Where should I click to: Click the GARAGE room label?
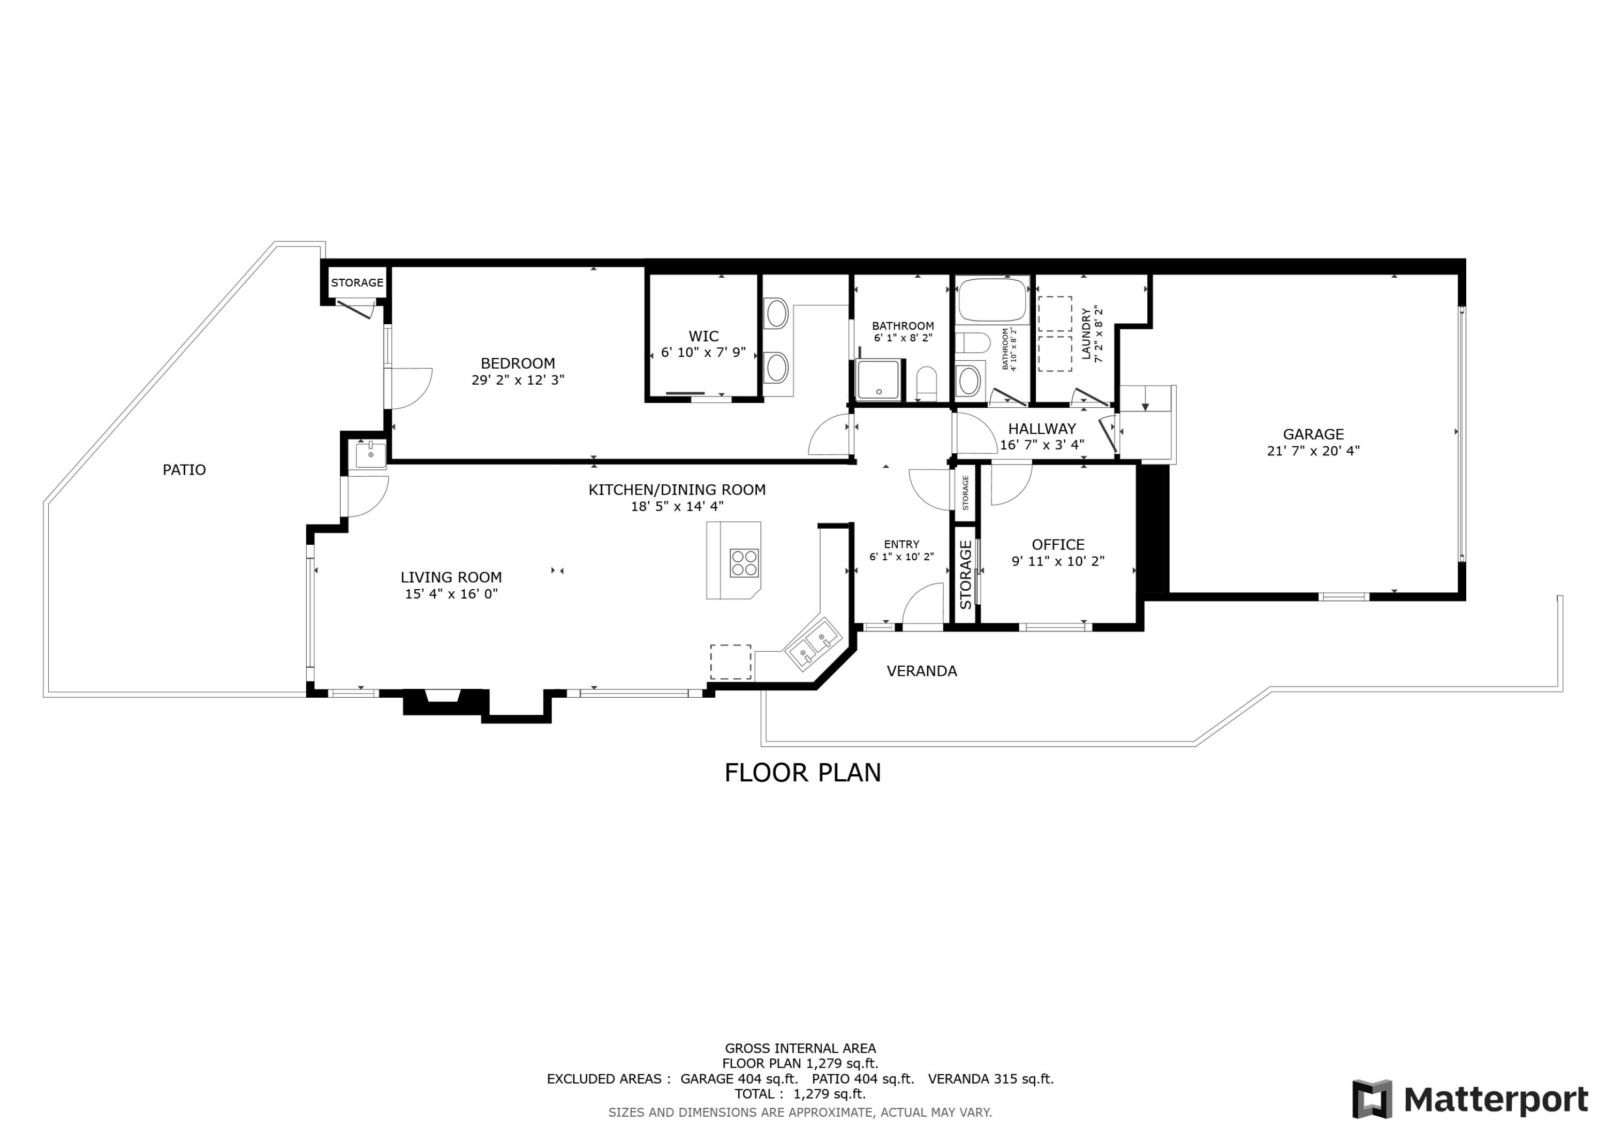tap(1313, 435)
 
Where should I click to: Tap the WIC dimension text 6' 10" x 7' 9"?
tap(703, 353)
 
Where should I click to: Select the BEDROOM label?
tap(518, 364)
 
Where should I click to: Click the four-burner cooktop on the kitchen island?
tap(744, 563)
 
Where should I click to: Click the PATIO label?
tap(184, 470)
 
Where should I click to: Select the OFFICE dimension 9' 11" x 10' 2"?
tap(1058, 561)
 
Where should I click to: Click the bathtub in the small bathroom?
tap(992, 300)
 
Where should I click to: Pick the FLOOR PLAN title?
tap(802, 773)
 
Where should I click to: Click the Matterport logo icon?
tap(1372, 1099)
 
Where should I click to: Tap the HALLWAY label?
tap(1042, 429)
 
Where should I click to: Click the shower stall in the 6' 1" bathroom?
tap(878, 380)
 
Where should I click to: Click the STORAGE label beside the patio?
tap(357, 283)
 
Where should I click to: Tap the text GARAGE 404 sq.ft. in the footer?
tap(739, 1078)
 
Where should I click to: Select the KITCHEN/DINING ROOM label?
tap(677, 490)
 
